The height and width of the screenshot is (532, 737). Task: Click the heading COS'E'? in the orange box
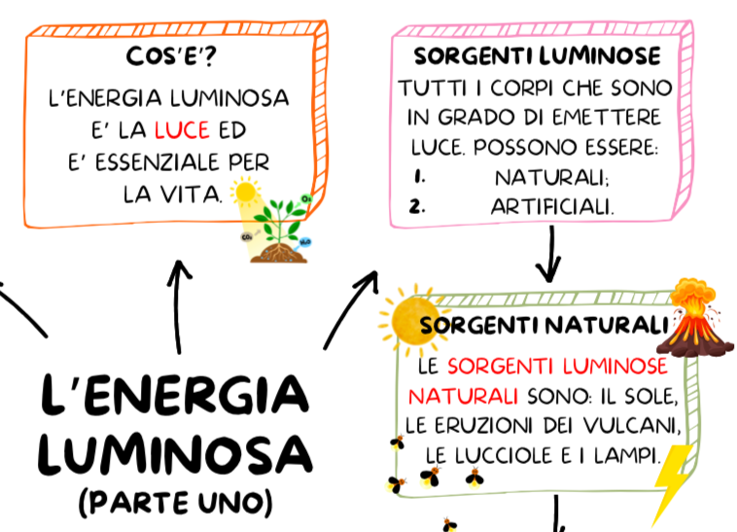[171, 57]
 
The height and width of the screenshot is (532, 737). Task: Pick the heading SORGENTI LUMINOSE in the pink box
[537, 55]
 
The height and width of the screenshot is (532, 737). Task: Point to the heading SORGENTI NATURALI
[544, 326]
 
